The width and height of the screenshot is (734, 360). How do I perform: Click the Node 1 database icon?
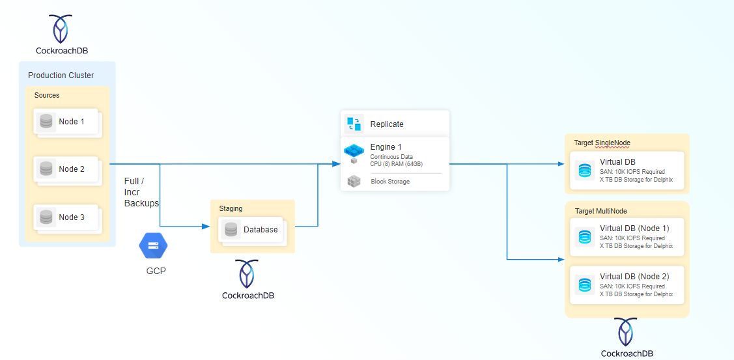coord(46,122)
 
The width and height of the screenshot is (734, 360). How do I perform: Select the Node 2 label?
coord(72,169)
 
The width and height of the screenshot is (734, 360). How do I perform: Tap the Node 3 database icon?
coord(46,217)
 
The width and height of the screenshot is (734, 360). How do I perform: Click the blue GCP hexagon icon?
coord(154,245)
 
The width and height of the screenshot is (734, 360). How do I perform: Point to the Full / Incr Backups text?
coord(141,192)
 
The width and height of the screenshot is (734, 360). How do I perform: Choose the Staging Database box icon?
coord(231,229)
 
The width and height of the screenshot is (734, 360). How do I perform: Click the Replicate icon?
coord(354,124)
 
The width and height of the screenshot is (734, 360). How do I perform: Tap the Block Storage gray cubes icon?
coord(354,181)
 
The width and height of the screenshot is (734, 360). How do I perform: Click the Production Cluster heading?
coord(61,76)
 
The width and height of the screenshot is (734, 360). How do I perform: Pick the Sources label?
coord(47,95)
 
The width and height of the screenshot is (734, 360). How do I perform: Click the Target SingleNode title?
coord(602,143)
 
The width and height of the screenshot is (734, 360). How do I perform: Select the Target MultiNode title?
coord(601,211)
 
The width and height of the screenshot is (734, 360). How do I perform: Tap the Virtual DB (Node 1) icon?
coord(585,237)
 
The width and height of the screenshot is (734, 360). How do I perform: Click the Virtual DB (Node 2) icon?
coord(585,284)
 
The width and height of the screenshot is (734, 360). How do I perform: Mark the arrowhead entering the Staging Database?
coord(206,227)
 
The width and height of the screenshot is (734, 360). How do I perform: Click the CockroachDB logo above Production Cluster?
coord(61,30)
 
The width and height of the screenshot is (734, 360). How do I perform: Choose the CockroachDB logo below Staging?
coord(247,274)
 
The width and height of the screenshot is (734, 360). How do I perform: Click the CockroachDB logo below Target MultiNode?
coord(627,332)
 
